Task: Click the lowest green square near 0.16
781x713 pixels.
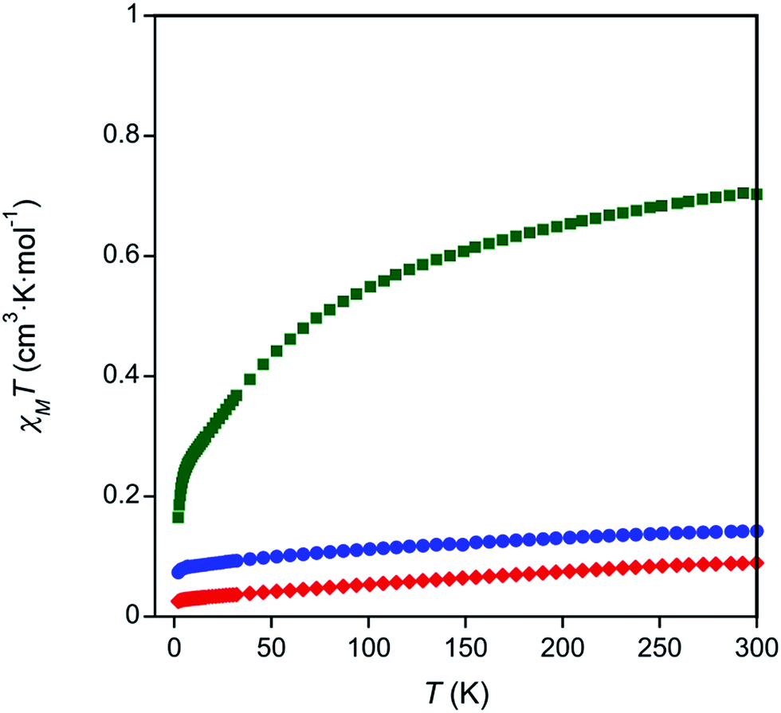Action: [179, 517]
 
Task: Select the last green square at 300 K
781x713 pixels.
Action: [757, 194]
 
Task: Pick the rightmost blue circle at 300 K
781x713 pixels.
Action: [757, 531]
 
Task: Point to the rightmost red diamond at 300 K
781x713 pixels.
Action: [757, 563]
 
